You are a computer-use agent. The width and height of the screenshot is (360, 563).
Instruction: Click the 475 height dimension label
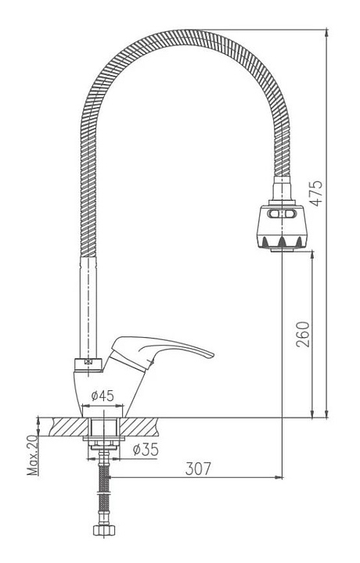(316, 193)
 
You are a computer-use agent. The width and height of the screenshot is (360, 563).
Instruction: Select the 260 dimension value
(303, 335)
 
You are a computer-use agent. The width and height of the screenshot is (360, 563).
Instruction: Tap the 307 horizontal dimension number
(198, 468)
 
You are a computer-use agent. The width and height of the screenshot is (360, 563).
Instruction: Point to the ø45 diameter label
(103, 396)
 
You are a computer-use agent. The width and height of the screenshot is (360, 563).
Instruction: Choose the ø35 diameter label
(146, 449)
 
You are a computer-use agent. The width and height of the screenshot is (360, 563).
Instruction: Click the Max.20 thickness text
(34, 455)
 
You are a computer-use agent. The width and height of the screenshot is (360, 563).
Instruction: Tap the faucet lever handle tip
(212, 355)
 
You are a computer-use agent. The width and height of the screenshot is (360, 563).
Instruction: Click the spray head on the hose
(282, 228)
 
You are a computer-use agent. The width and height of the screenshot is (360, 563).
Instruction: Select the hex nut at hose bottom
(104, 531)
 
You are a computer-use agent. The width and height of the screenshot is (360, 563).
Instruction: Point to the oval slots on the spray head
(282, 214)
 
